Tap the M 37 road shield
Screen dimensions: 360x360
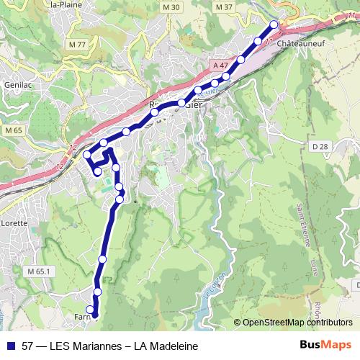click(x=225, y=7)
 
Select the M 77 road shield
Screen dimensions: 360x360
click(x=77, y=44)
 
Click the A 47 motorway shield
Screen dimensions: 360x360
click(x=221, y=66)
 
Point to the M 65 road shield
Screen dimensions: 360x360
click(x=13, y=130)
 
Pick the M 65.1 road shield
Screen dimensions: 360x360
click(x=40, y=271)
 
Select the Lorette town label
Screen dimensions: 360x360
click(x=14, y=223)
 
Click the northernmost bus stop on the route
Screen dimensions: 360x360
click(x=274, y=25)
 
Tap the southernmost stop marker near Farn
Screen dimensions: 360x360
click(x=90, y=310)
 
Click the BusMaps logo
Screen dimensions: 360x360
click(x=325, y=346)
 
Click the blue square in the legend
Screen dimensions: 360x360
click(x=10, y=346)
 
